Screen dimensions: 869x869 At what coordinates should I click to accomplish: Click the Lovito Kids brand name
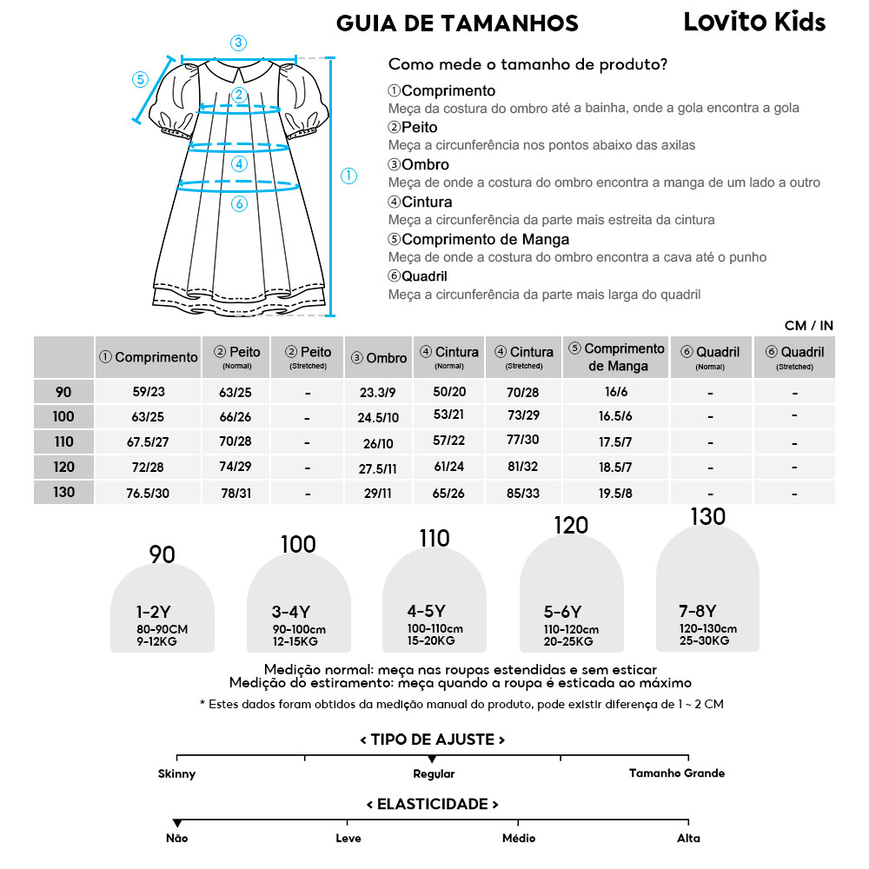click(754, 22)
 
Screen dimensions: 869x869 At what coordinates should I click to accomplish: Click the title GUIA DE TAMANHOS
click(457, 23)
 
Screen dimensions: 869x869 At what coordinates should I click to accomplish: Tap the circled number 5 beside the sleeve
click(141, 79)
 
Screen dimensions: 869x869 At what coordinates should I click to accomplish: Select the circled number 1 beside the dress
click(348, 176)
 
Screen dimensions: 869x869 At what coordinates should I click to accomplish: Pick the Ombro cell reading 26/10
click(378, 443)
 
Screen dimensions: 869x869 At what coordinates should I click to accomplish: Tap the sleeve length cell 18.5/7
click(615, 468)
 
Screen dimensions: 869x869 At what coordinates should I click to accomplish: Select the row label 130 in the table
click(63, 492)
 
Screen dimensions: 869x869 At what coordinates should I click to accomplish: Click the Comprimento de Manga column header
click(616, 356)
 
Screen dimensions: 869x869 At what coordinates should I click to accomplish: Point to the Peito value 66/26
click(235, 417)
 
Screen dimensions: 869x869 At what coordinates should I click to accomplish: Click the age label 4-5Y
click(426, 610)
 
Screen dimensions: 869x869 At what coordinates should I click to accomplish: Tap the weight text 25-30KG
click(704, 640)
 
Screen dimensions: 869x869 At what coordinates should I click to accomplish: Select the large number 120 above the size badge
click(571, 525)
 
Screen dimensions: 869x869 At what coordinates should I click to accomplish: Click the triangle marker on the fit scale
click(432, 760)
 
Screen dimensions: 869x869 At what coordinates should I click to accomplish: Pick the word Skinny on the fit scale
click(176, 773)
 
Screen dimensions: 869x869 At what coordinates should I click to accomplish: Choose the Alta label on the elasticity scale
click(688, 839)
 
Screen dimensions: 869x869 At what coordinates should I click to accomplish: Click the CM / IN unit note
click(808, 325)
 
